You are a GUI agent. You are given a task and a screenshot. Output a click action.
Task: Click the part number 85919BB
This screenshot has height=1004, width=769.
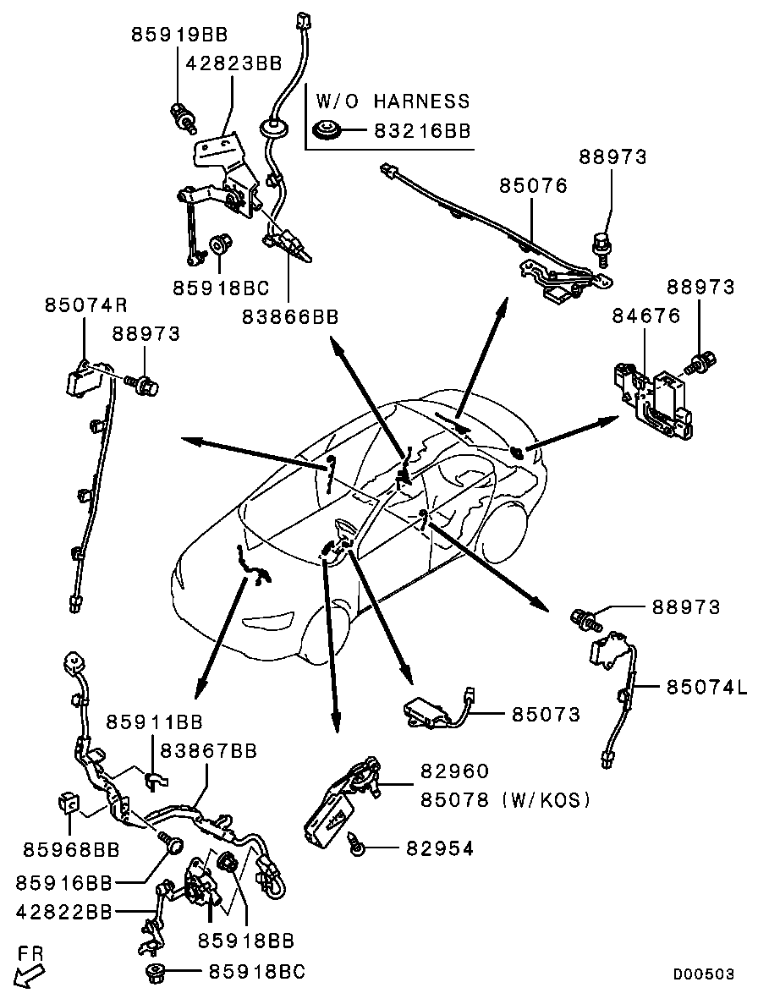click(x=180, y=34)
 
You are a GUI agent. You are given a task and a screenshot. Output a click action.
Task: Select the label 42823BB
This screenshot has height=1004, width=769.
click(x=234, y=63)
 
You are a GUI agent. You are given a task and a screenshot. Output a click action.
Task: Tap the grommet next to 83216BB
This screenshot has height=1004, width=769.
click(x=327, y=130)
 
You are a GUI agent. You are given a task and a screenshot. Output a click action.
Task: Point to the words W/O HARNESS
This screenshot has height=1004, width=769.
click(x=393, y=101)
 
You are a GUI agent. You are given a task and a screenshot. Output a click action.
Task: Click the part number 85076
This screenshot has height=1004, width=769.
click(x=533, y=186)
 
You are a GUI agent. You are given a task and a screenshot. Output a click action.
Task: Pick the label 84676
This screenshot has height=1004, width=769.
click(x=646, y=315)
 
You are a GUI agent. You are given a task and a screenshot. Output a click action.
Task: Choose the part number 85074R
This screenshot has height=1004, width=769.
click(x=86, y=304)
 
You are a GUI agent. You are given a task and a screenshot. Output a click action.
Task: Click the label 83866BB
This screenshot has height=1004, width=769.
click(x=290, y=316)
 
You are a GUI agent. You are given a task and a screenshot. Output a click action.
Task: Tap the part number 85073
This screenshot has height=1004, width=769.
click(x=546, y=714)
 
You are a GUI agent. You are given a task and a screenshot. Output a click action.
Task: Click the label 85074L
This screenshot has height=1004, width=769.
click(x=707, y=687)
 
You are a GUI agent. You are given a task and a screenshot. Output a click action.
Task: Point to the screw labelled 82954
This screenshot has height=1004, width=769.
click(x=356, y=845)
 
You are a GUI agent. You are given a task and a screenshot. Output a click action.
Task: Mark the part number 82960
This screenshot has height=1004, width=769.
click(x=454, y=771)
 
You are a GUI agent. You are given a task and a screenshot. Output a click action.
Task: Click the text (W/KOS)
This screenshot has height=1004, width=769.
click(x=547, y=800)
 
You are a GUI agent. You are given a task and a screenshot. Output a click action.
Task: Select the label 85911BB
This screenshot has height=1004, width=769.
click(x=154, y=722)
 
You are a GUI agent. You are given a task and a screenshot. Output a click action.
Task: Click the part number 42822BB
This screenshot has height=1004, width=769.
click(x=64, y=912)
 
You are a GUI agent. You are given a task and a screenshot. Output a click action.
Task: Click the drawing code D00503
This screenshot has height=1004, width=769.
click(x=703, y=974)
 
